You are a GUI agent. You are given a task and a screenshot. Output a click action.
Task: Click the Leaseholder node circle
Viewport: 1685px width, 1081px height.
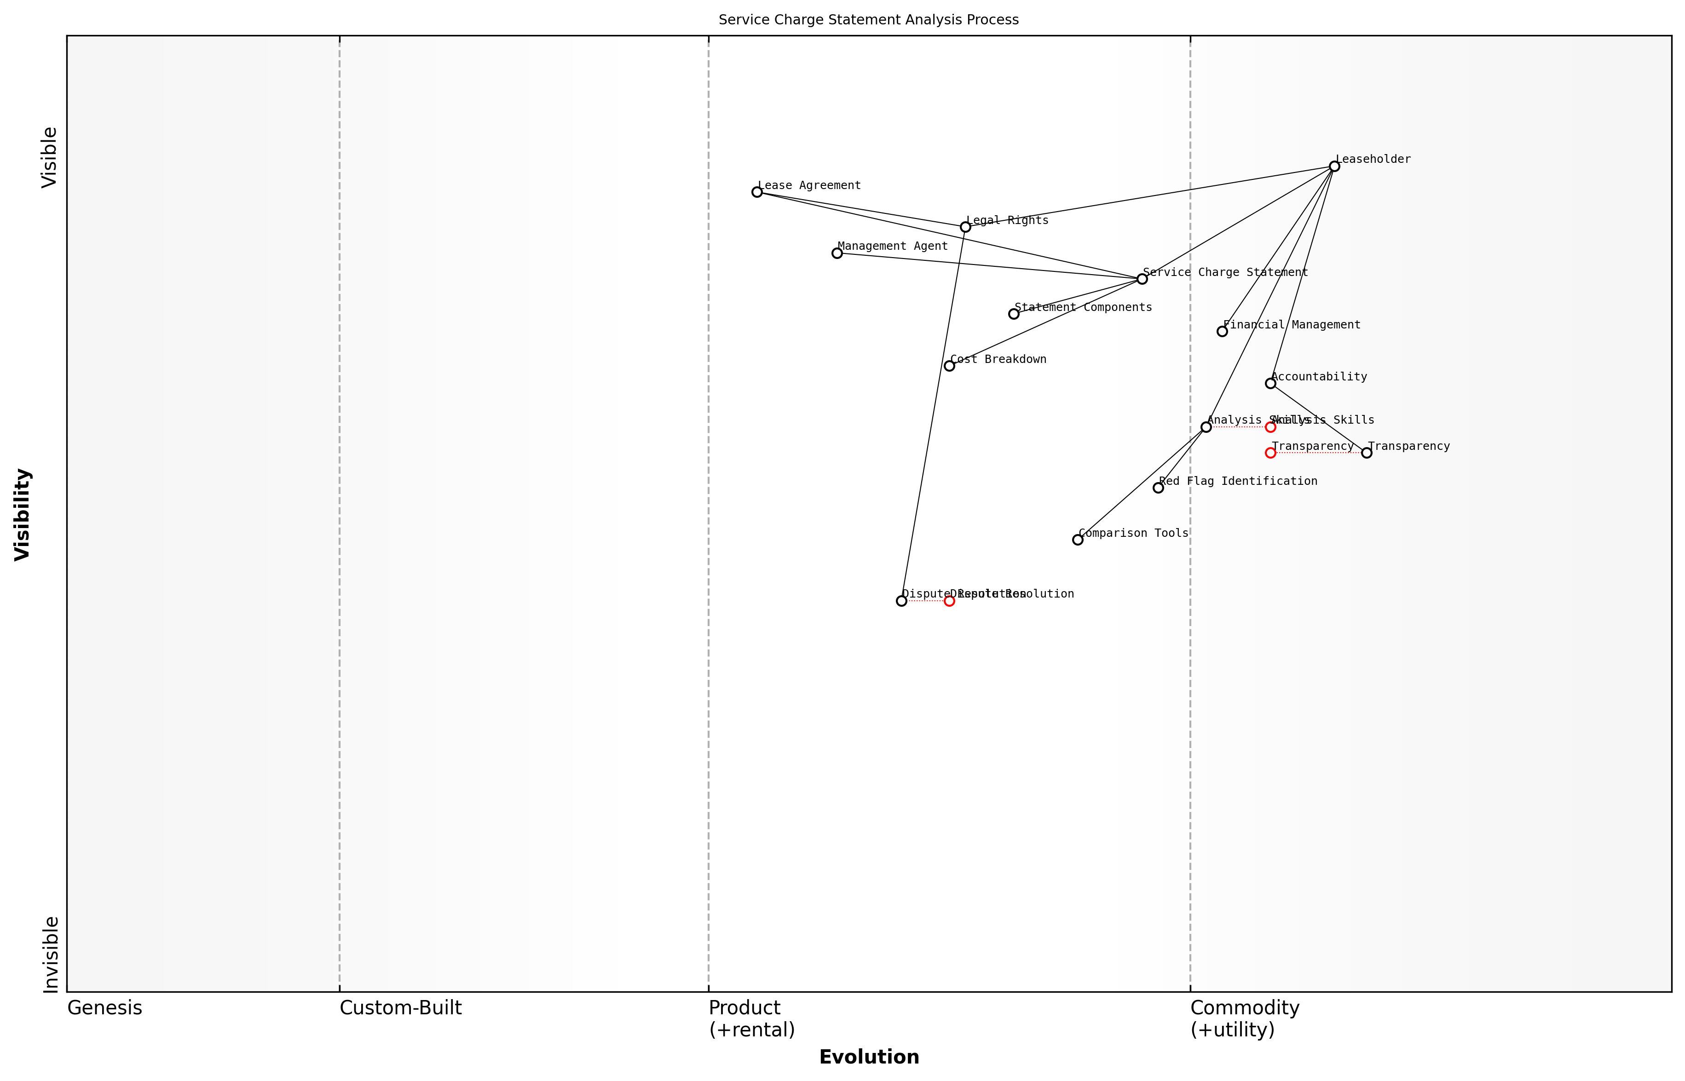coord(1334,167)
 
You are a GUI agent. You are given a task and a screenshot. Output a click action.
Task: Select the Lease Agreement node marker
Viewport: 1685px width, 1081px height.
coord(757,192)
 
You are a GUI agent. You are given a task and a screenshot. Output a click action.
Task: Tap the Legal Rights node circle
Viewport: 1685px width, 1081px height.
coord(965,227)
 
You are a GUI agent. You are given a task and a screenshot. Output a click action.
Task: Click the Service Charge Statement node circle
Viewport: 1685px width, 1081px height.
coord(1143,279)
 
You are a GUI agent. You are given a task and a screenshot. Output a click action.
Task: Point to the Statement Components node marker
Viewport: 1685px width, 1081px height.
coord(1014,314)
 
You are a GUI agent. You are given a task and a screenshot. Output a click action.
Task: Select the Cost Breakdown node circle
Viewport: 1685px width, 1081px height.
coord(949,366)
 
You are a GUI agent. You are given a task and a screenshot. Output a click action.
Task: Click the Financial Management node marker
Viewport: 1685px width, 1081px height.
coord(1222,331)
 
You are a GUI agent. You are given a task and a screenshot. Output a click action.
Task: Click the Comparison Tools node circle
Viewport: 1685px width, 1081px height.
coord(1078,540)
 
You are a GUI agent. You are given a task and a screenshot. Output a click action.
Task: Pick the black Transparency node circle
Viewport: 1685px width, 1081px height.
coord(1366,453)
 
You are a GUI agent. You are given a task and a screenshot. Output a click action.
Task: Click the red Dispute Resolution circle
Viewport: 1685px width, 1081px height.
coord(949,601)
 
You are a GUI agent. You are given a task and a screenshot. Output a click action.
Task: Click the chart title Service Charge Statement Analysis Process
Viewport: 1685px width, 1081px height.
coord(868,20)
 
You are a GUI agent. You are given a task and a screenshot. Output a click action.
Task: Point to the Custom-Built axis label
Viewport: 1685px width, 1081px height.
coord(400,1008)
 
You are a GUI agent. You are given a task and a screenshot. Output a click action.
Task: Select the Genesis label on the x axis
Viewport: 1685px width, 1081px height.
coord(104,1008)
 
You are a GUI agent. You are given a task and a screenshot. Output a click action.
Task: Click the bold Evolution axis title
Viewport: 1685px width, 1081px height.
coord(868,1057)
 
